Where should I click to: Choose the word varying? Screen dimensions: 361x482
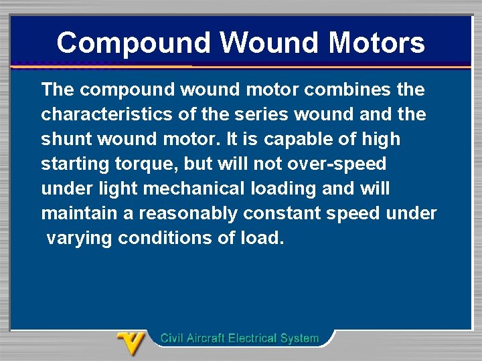click(79, 239)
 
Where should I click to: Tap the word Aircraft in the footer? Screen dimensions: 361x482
click(204, 338)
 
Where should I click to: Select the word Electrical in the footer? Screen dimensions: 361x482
click(254, 338)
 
